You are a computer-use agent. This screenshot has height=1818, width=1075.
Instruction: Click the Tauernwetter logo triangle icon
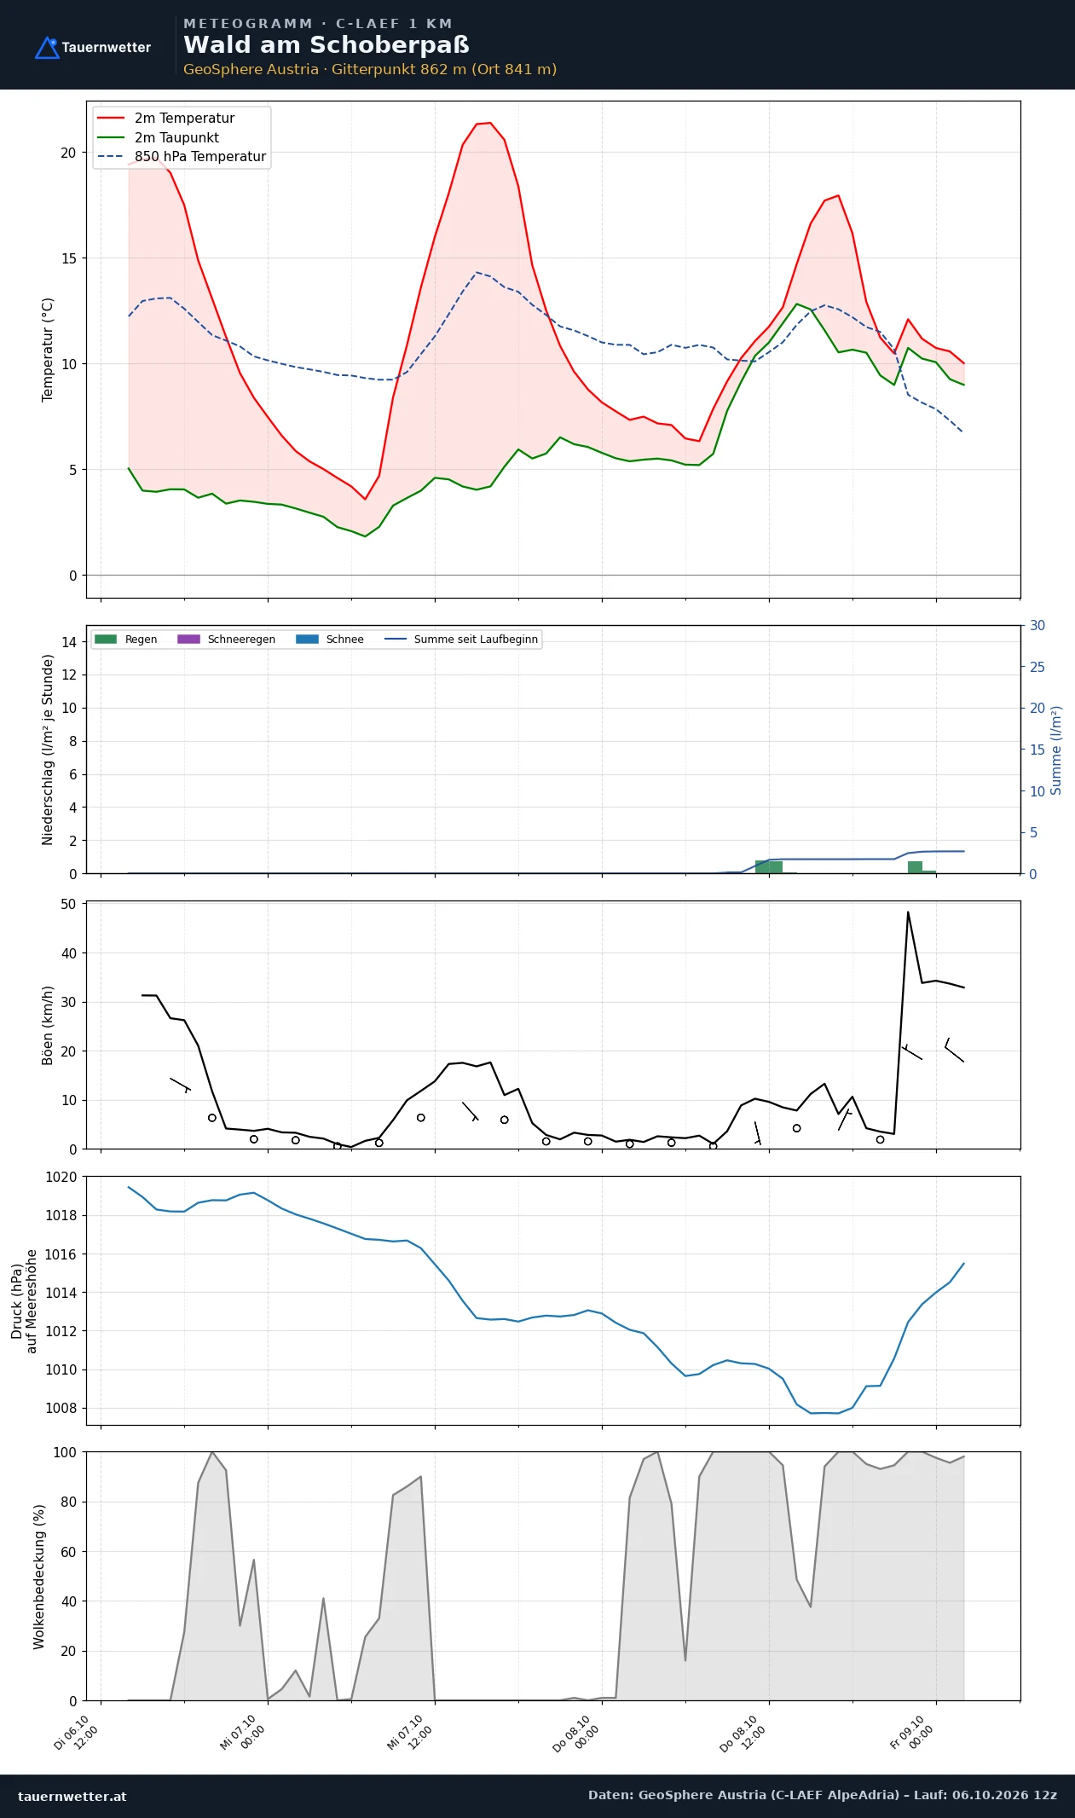[47, 48]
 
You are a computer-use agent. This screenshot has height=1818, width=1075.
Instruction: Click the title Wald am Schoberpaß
[327, 45]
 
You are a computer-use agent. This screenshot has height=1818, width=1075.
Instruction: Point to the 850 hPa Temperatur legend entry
[182, 157]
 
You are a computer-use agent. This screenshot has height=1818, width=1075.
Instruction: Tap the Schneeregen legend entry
[226, 640]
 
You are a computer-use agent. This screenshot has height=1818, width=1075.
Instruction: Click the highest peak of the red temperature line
[489, 123]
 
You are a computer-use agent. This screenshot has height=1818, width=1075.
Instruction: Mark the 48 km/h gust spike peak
[908, 912]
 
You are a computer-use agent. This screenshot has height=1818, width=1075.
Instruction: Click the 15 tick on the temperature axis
[68, 258]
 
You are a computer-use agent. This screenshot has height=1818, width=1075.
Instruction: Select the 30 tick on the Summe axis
[1037, 625]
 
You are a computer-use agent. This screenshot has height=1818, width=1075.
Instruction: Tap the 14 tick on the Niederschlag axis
[69, 642]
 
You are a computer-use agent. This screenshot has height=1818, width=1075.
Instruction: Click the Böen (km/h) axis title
[48, 1026]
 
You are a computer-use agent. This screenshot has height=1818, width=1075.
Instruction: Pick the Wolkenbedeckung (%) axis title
[39, 1577]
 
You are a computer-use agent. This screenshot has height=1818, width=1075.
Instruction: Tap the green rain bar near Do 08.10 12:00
[769, 866]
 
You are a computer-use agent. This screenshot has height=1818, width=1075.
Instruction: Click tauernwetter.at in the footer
[72, 1796]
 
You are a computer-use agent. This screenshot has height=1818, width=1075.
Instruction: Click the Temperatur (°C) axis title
[48, 350]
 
